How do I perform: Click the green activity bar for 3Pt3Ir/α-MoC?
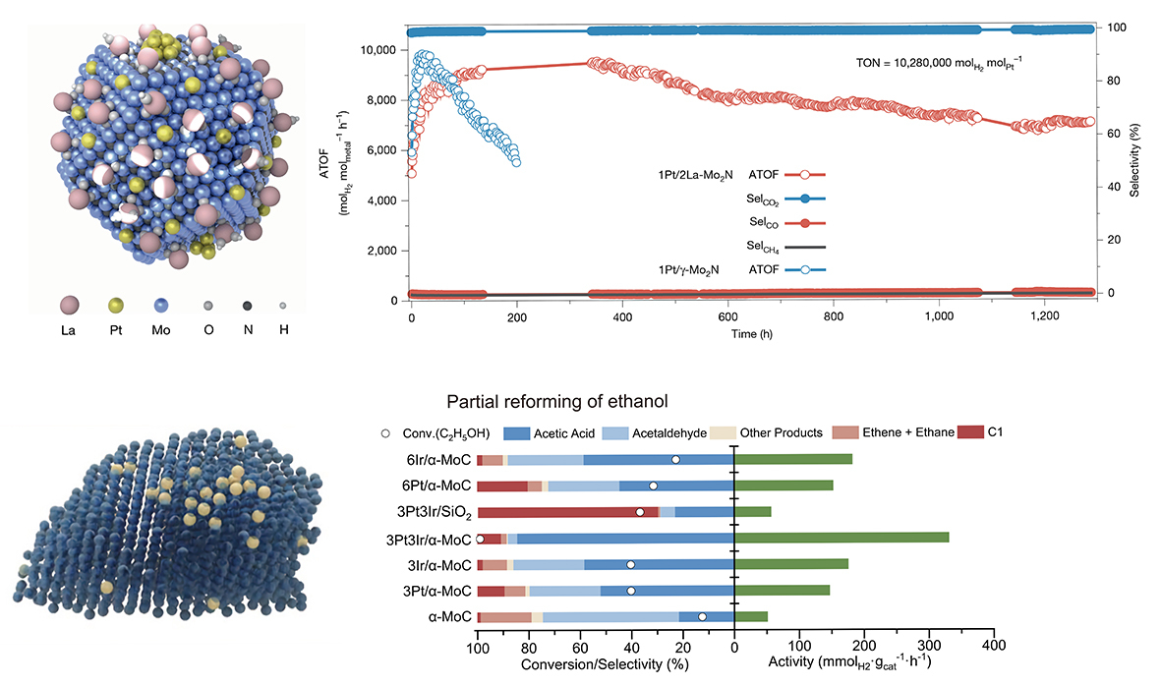point(842,538)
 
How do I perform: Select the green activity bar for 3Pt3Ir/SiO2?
point(753,511)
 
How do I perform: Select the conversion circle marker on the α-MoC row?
point(702,616)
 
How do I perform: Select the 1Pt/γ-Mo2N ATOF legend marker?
point(804,269)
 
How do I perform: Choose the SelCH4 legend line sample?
point(804,246)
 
